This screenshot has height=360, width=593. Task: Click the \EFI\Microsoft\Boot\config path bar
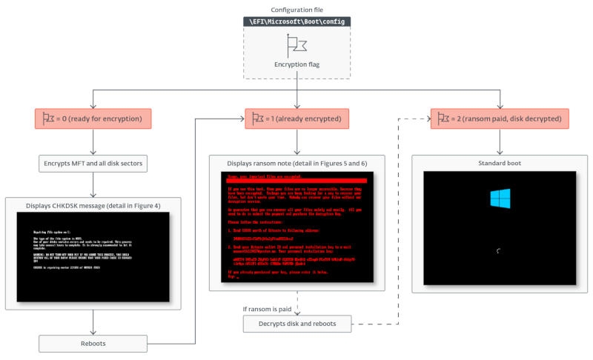click(296, 22)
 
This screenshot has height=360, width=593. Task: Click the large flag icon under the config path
click(296, 46)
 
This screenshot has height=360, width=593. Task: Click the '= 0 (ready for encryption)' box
click(93, 119)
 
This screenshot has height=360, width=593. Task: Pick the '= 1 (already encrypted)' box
click(296, 119)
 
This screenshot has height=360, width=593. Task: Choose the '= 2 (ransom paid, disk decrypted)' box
click(501, 119)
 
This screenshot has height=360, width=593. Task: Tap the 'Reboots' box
click(93, 343)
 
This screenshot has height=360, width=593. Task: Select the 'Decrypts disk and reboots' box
click(297, 324)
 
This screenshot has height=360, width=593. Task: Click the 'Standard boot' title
click(500, 162)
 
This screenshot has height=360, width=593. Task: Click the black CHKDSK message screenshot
click(93, 256)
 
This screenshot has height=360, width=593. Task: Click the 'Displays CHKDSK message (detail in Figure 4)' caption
click(93, 205)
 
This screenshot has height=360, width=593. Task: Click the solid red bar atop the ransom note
click(296, 181)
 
